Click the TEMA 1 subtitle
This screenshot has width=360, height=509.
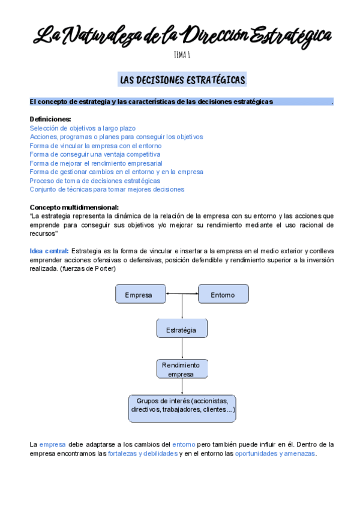click(x=182, y=55)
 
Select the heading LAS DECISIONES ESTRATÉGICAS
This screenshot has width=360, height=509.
click(x=182, y=80)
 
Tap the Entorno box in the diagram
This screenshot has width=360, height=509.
click(x=223, y=295)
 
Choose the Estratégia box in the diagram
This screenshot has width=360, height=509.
click(x=182, y=329)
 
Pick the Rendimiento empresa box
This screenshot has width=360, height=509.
click(x=182, y=369)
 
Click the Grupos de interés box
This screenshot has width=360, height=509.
click(x=182, y=409)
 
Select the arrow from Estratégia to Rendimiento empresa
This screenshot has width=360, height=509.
click(x=182, y=349)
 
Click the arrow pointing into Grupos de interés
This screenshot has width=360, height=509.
click(x=182, y=387)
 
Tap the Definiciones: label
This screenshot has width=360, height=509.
click(x=50, y=119)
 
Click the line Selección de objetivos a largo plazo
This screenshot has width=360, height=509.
click(x=82, y=128)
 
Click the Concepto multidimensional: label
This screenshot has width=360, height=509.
click(x=74, y=207)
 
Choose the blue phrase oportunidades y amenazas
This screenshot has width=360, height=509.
click(x=275, y=454)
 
